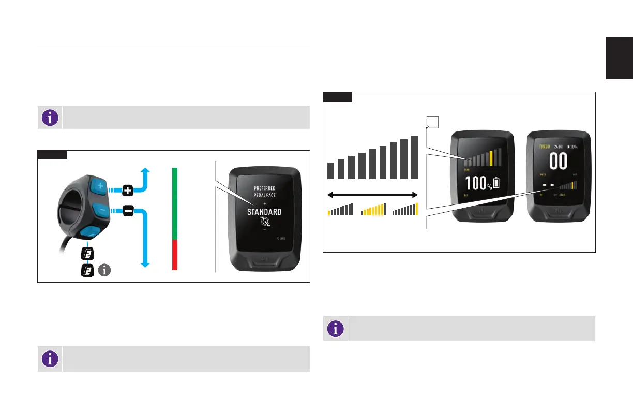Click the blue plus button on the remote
(x=100, y=185)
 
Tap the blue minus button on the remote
(x=100, y=210)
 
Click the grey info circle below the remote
(x=105, y=270)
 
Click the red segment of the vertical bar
(x=175, y=254)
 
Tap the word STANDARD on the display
(x=264, y=212)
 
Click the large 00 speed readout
(x=558, y=162)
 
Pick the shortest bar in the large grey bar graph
(x=330, y=170)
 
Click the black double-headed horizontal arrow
(x=372, y=195)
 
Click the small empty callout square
(x=431, y=122)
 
